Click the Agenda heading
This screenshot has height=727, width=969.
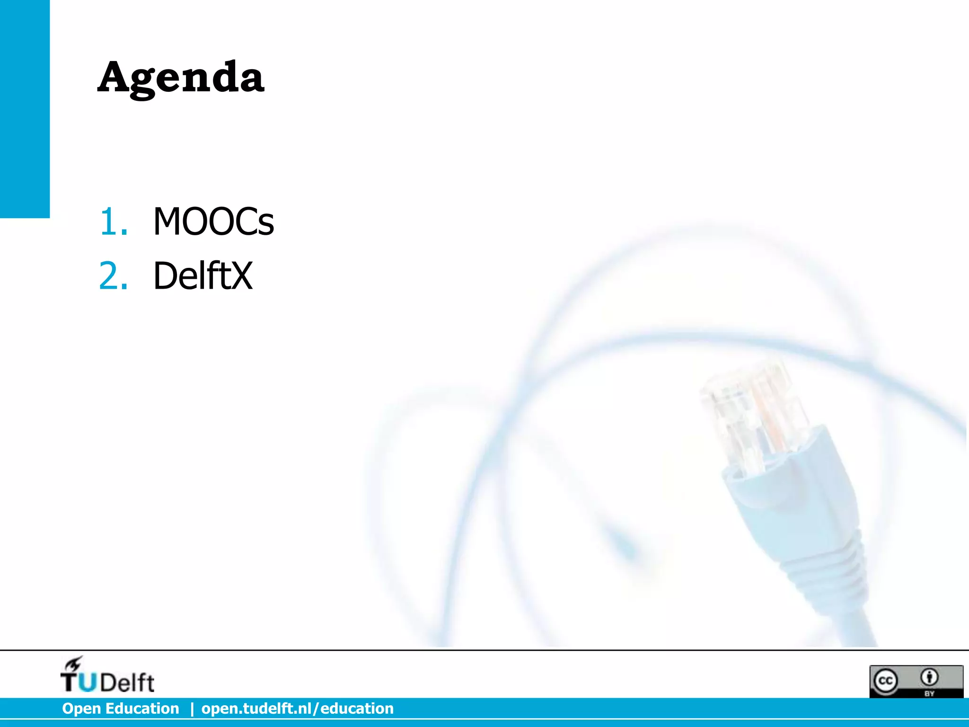[x=180, y=78]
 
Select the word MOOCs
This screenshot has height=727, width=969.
[x=213, y=222]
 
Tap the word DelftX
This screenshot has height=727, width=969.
[x=203, y=276]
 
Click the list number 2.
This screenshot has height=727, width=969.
[x=113, y=276]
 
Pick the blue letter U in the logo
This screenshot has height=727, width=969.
[x=87, y=683]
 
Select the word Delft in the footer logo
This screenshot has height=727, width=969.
[x=127, y=683]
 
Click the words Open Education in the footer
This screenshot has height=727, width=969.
[x=121, y=709]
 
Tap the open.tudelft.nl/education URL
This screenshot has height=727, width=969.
[x=297, y=709]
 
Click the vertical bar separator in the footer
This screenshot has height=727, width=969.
[x=192, y=709]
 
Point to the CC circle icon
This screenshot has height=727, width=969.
[x=885, y=681]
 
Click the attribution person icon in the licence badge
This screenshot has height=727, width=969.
[x=929, y=677]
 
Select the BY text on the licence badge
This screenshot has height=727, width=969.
[x=929, y=693]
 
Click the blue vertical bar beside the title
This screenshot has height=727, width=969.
[x=25, y=109]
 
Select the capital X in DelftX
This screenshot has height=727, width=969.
[x=241, y=276]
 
